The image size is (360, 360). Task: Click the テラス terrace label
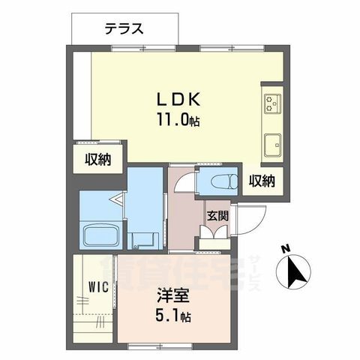click(x=124, y=30)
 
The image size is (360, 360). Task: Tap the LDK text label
click(x=176, y=100)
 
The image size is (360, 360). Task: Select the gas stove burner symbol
click(x=271, y=103)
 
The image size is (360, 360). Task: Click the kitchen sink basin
click(x=271, y=141)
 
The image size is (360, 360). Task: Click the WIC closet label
click(x=96, y=286)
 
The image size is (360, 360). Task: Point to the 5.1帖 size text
click(x=173, y=316)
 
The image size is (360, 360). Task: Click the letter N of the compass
click(x=285, y=249)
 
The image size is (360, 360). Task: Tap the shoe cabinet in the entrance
click(x=213, y=239)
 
